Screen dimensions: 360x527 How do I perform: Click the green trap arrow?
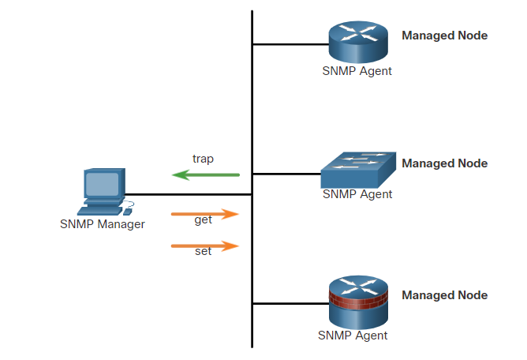[x=206, y=174]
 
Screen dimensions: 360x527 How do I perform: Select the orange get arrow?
[x=205, y=213]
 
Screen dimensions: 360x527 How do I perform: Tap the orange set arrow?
[x=205, y=246]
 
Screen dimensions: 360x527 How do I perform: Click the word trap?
[x=204, y=159]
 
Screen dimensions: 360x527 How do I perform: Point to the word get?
[x=204, y=220]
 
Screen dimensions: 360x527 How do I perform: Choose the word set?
[x=203, y=253]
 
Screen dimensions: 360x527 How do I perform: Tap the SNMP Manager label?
[x=103, y=224]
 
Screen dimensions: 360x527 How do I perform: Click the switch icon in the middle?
[x=357, y=169]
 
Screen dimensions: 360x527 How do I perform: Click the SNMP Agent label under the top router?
[x=357, y=71]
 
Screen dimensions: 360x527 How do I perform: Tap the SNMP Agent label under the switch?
[x=357, y=195]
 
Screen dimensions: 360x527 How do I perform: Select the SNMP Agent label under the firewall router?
[x=353, y=336]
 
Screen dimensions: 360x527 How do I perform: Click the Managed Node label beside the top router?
[x=445, y=36]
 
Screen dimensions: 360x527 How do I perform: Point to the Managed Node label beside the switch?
[x=445, y=163]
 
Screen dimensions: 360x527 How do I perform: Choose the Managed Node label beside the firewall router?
[x=445, y=295]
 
